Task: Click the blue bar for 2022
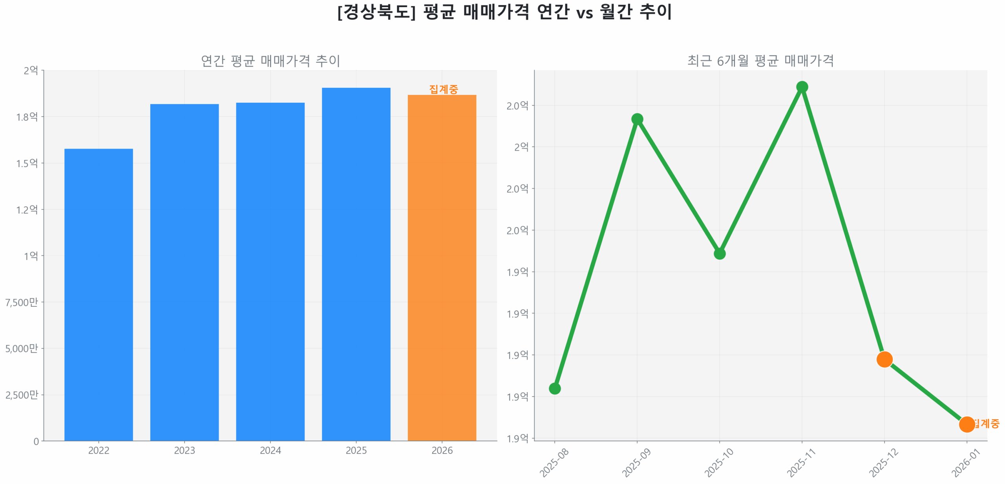99,294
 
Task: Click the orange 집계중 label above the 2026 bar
443,89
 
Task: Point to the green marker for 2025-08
554,388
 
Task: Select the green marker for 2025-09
637,119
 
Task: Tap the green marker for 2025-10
719,253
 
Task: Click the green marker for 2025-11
802,87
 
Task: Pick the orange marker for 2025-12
884,359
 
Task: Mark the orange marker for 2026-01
966,424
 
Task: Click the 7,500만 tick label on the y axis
22,302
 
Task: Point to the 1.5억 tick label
27,163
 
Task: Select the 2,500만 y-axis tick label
22,395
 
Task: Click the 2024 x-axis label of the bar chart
270,450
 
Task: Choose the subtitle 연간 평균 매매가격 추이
270,60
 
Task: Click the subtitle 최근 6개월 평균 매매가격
760,60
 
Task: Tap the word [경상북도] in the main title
376,12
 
